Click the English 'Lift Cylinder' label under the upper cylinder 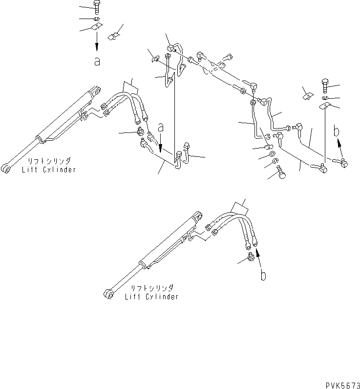48,170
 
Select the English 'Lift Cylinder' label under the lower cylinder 151,297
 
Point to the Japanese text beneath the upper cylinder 49,161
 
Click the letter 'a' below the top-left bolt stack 97,62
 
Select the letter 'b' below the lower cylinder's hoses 263,276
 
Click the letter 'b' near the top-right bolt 337,131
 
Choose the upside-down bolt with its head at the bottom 282,173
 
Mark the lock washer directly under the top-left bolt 97,19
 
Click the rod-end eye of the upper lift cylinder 6,170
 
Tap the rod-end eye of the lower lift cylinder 109,293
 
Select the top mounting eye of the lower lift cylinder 199,216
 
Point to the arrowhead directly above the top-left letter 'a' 97,48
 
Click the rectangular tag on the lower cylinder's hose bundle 239,207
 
